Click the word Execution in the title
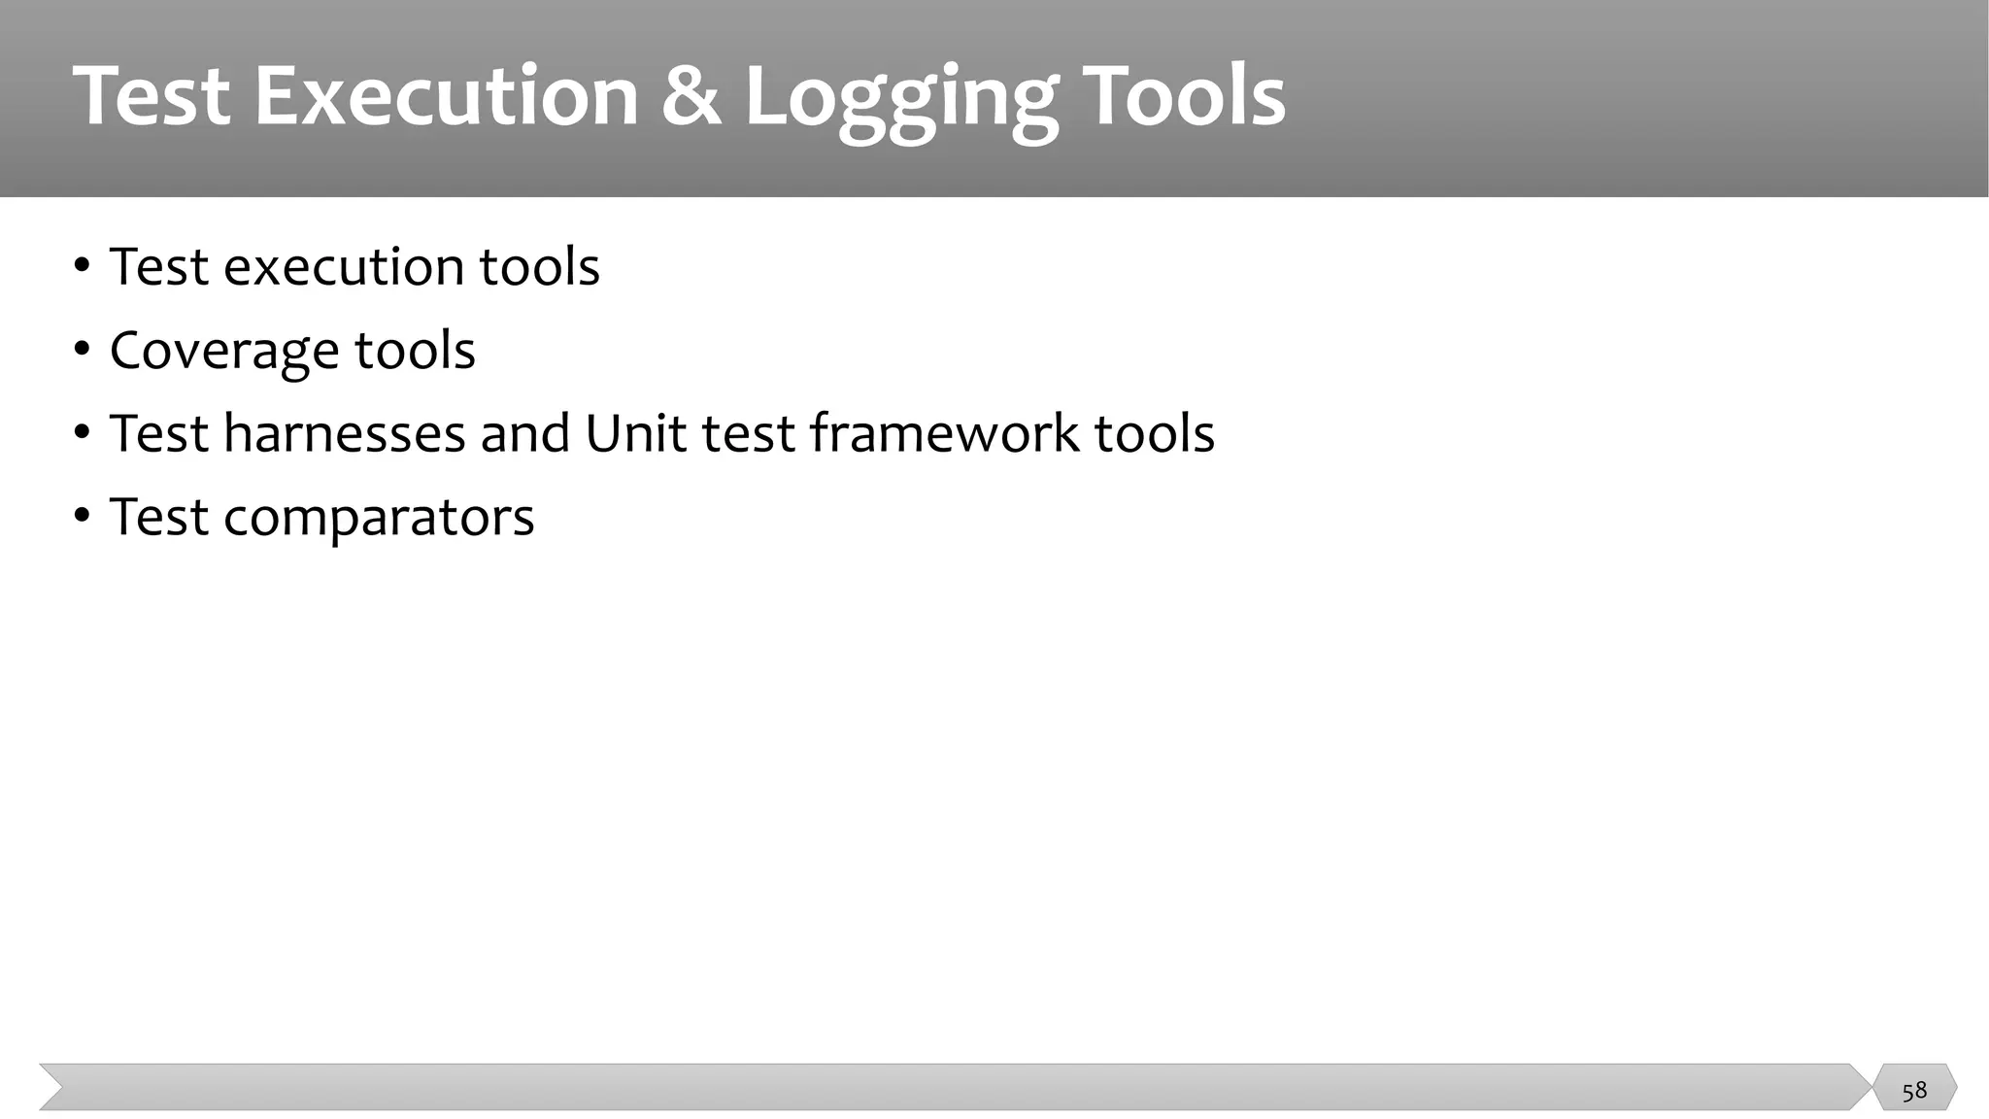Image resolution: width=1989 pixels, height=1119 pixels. (x=446, y=96)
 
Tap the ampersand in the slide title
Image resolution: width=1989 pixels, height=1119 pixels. (x=691, y=96)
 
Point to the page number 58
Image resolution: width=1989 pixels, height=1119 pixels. (x=1914, y=1090)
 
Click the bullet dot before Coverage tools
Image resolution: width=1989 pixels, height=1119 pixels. (x=82, y=349)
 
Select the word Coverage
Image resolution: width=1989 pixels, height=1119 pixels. (x=223, y=351)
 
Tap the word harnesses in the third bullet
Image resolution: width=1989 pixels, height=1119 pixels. (x=344, y=433)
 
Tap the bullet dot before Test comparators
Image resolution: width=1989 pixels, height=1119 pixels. (x=82, y=516)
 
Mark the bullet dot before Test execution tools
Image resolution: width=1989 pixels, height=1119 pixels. (x=82, y=265)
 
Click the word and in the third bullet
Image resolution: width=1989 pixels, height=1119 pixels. (x=524, y=433)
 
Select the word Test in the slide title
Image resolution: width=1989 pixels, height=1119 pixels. (x=151, y=96)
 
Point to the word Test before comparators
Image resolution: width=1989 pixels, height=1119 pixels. (x=158, y=517)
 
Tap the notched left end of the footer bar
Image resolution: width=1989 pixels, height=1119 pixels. (x=54, y=1087)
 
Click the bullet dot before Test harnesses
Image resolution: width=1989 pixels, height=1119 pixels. (x=82, y=432)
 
